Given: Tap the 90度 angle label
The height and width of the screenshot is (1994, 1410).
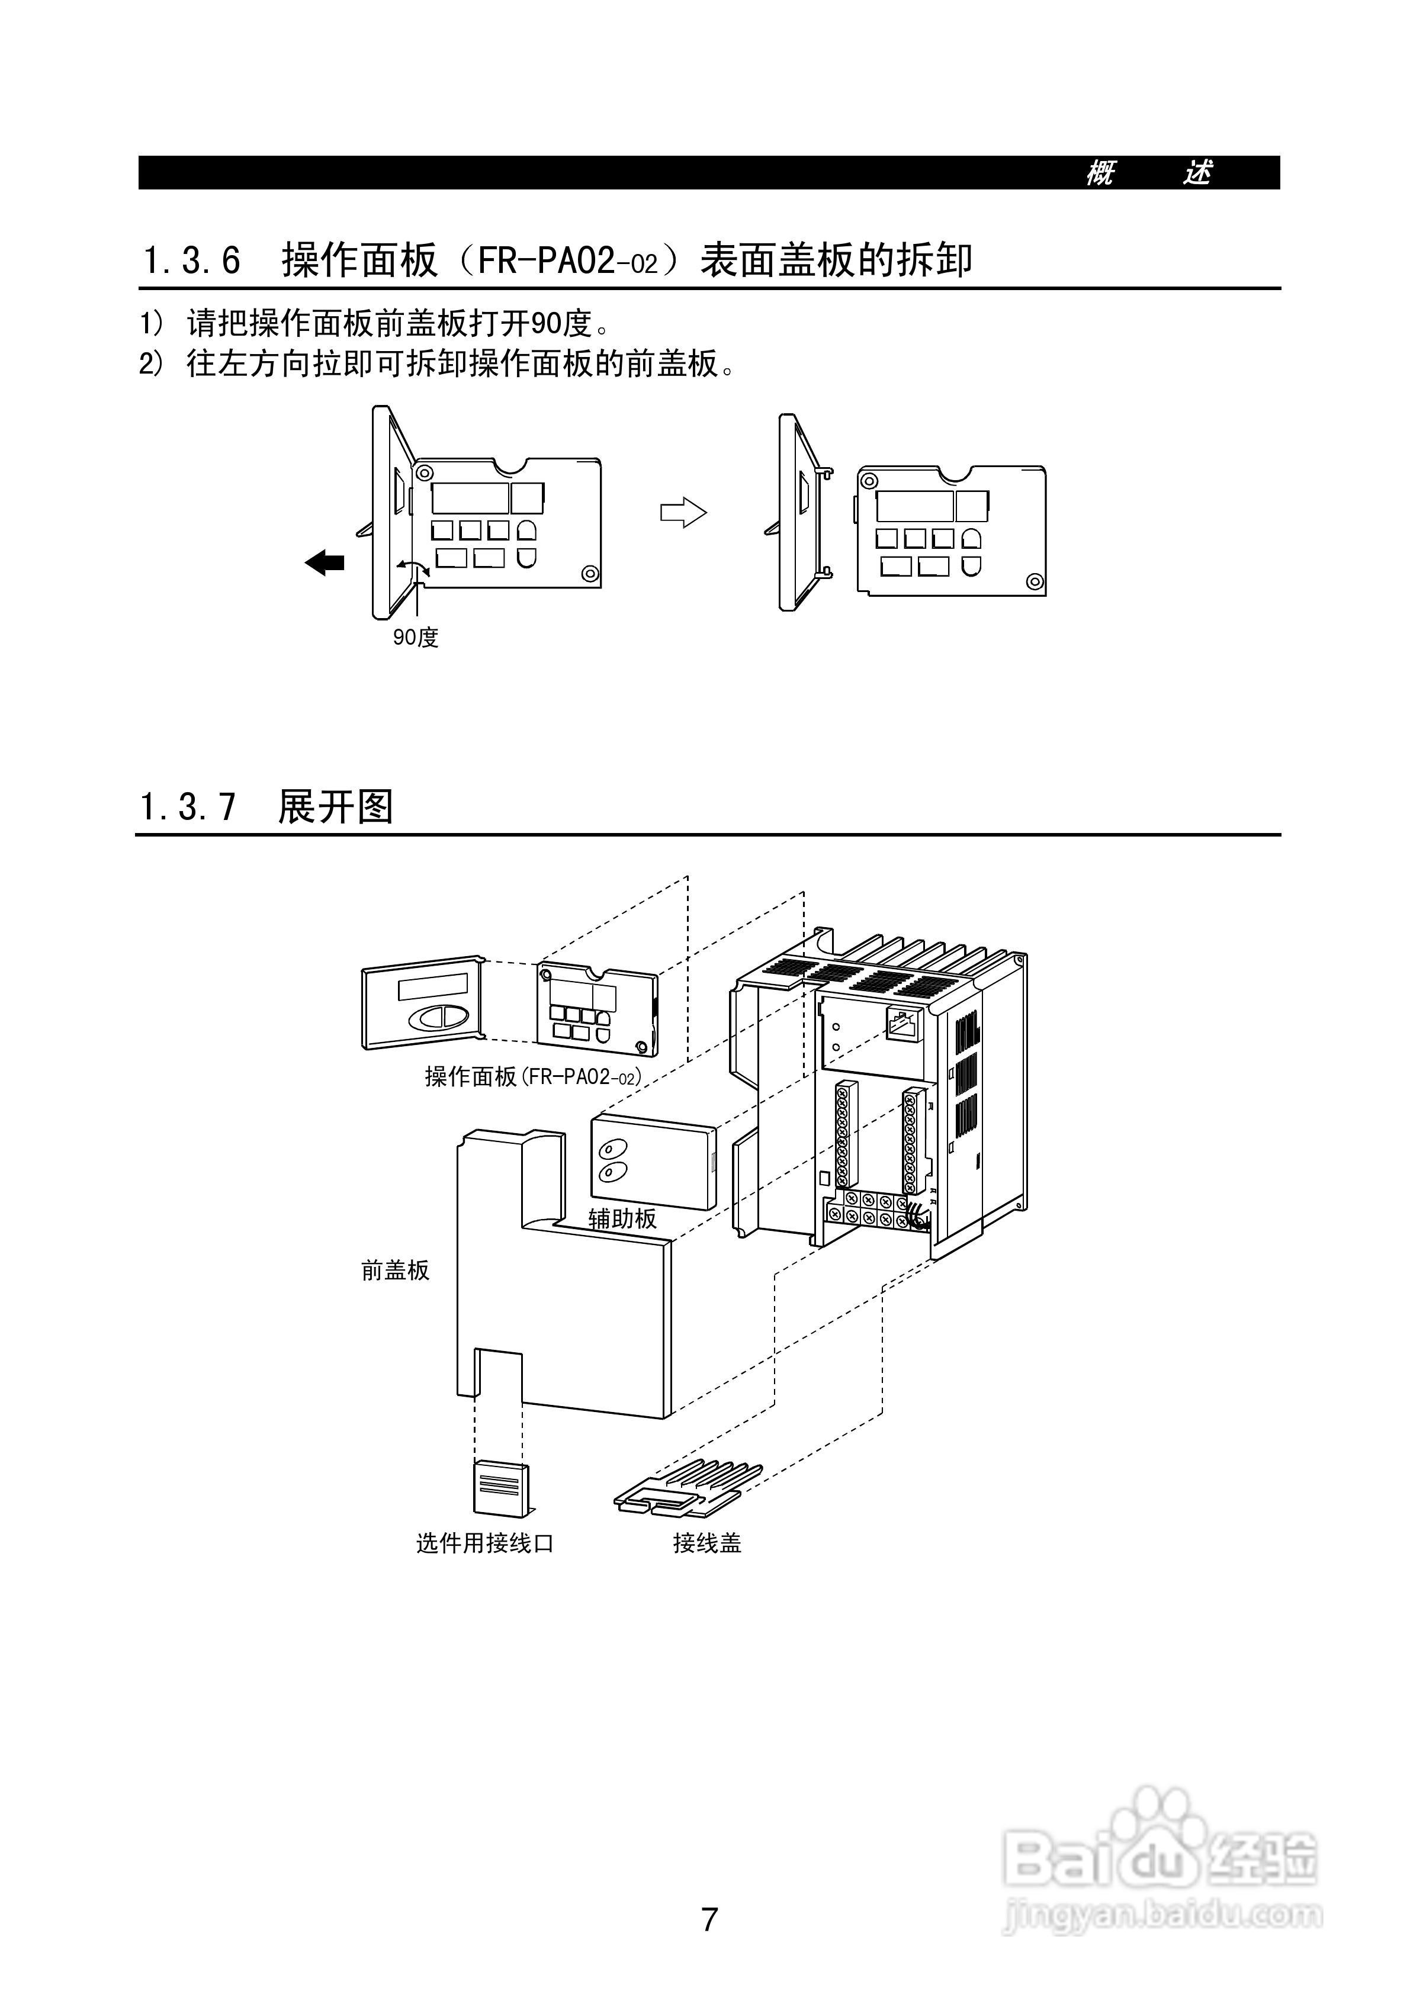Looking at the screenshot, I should [415, 638].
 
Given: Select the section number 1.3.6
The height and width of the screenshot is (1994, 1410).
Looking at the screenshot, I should [191, 260].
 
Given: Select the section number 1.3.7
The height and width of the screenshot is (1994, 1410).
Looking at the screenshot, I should [188, 807].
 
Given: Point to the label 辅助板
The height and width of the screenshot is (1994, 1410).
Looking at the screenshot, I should [622, 1218].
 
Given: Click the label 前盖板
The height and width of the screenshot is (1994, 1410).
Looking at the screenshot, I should [396, 1271].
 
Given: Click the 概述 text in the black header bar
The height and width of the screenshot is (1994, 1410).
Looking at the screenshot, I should [1148, 173].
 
